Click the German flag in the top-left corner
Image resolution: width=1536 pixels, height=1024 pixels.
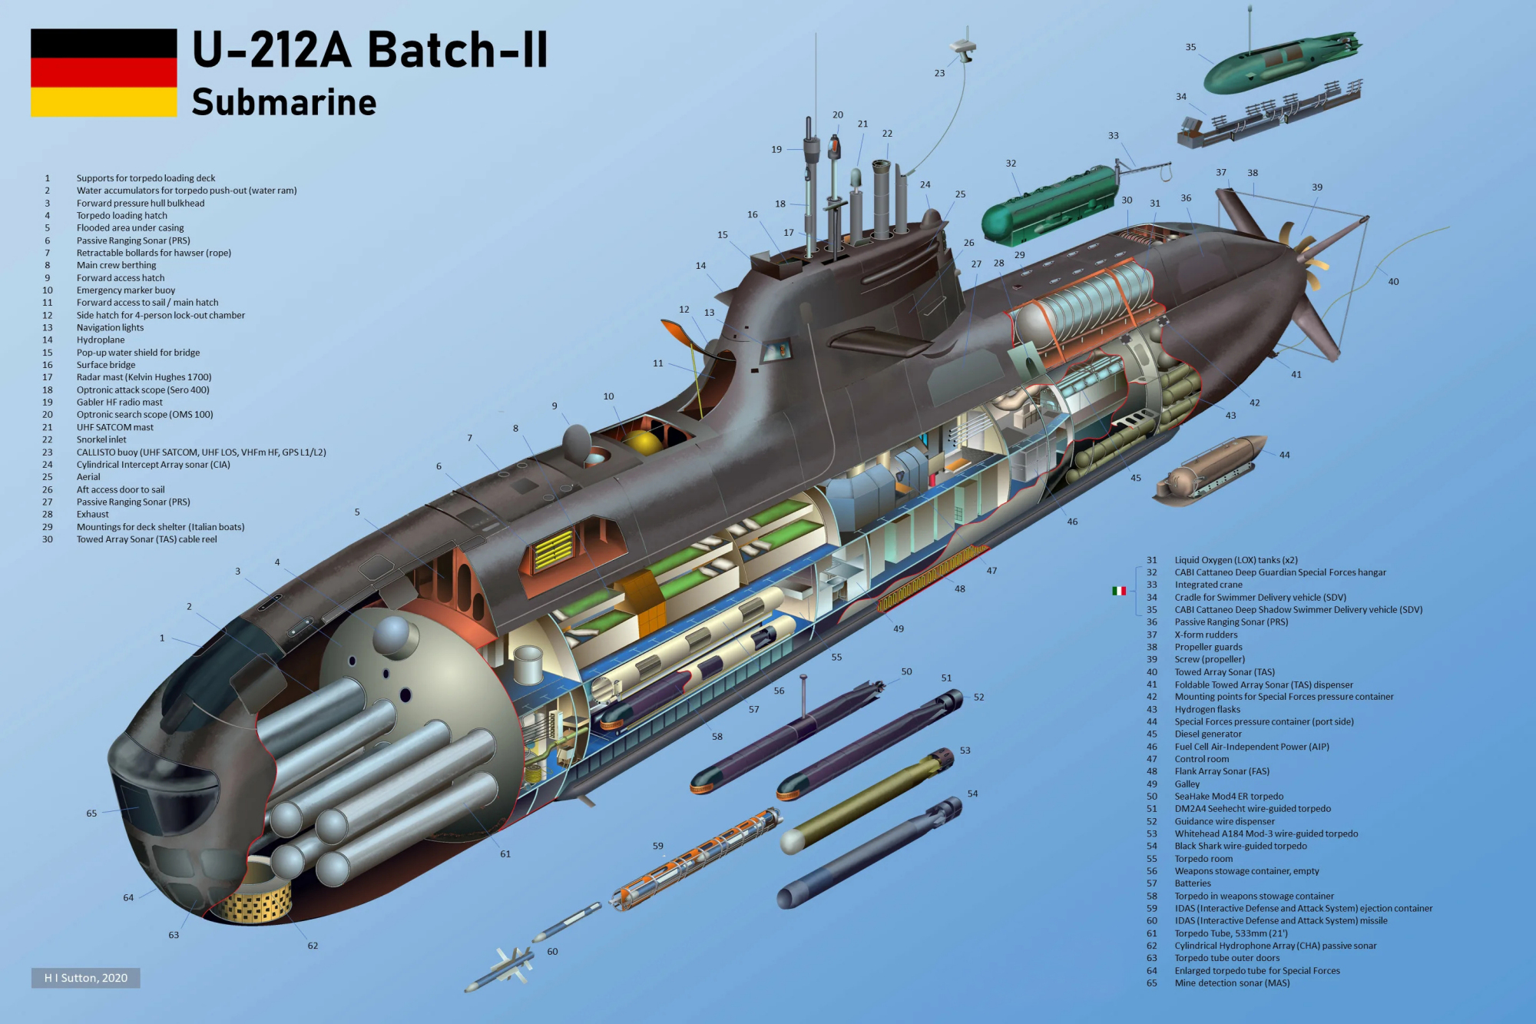(x=104, y=73)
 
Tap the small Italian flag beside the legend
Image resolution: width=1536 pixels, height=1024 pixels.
(x=1119, y=591)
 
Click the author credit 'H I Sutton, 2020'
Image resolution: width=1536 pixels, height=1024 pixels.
(x=86, y=978)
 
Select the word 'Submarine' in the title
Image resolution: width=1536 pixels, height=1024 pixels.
(x=284, y=102)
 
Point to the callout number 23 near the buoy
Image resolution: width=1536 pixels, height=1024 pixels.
(x=939, y=73)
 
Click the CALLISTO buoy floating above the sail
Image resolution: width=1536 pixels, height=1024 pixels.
(x=963, y=49)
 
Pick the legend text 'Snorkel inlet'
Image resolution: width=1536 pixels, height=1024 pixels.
(x=101, y=439)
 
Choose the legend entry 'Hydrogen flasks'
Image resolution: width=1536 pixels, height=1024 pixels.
(x=1207, y=709)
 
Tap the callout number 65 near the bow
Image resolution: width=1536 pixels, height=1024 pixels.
(x=91, y=813)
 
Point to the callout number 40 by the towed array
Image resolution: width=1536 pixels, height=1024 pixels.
(x=1393, y=282)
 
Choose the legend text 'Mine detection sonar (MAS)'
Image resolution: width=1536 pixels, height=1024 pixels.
(x=1232, y=983)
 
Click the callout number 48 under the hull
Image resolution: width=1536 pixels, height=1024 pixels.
(x=960, y=589)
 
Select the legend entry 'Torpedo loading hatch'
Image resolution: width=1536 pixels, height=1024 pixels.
(x=121, y=215)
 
